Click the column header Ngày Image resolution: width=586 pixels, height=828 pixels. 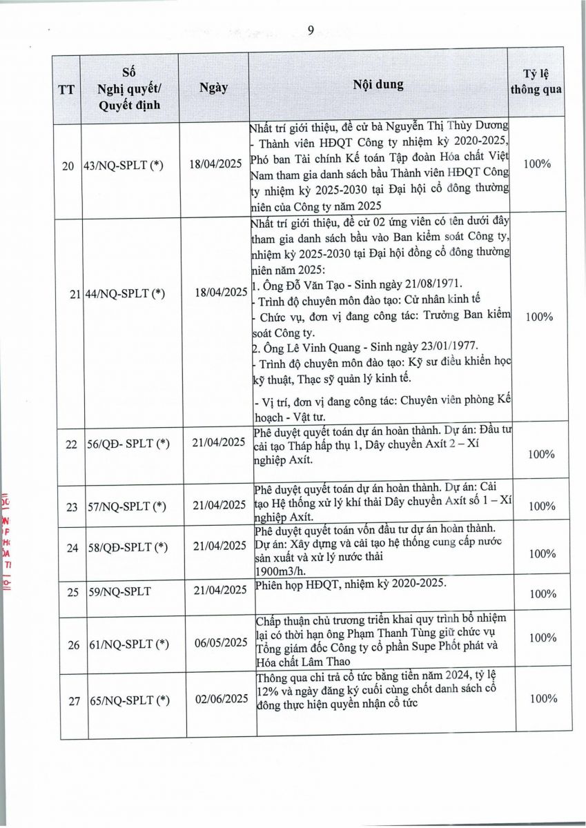point(213,88)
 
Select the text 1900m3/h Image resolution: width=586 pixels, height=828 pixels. point(277,572)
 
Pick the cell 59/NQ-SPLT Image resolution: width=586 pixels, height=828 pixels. point(123,590)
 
